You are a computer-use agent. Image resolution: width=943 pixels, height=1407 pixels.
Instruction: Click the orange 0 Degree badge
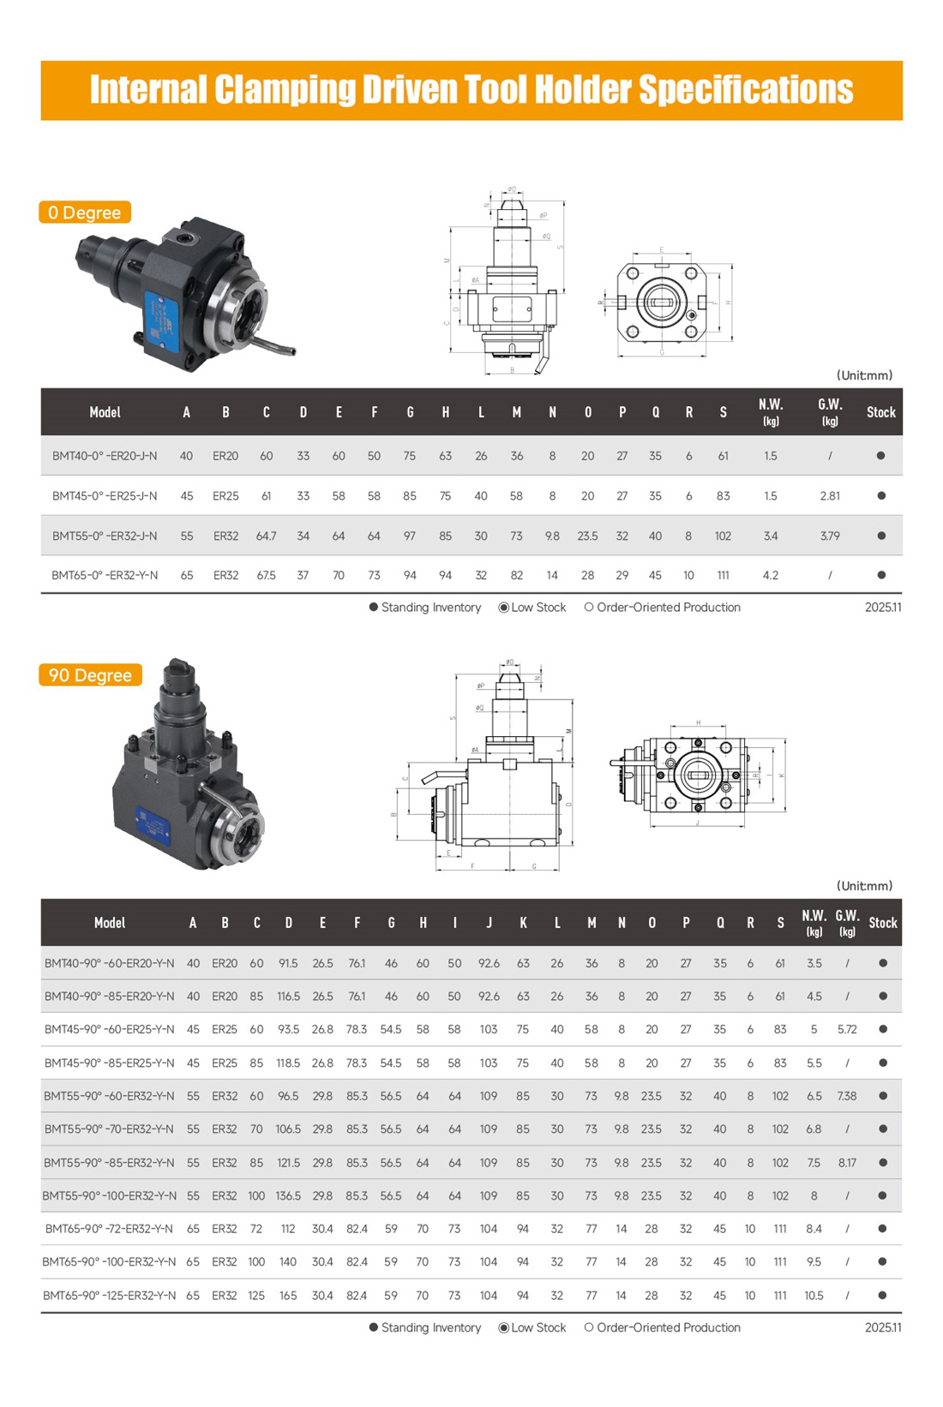84,213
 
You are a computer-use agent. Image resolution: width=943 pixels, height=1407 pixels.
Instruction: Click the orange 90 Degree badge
90,675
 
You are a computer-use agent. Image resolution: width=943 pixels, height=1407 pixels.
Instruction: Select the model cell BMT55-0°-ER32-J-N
105,536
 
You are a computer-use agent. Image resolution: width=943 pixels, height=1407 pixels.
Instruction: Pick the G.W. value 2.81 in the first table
829,495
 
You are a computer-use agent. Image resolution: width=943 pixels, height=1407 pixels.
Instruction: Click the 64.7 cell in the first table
266,536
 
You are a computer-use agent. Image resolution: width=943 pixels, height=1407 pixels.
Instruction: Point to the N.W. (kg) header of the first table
770,411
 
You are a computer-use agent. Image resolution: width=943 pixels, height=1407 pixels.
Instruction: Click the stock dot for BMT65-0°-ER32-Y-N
880,575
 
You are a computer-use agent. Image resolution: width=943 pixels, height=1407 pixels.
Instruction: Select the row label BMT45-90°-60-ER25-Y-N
109,1029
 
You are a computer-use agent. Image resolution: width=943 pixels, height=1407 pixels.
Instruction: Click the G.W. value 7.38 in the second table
846,1096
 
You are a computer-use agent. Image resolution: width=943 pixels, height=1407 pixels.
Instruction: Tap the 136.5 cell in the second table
288,1195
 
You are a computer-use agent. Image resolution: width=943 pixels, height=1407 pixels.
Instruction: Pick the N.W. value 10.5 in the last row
814,1296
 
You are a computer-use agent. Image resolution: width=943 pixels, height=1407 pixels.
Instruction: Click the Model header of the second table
109,923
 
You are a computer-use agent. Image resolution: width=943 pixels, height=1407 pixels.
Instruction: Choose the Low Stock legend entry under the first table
532,608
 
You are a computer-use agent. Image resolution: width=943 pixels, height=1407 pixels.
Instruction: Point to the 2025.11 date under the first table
883,608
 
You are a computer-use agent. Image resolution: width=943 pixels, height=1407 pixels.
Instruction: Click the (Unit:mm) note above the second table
864,886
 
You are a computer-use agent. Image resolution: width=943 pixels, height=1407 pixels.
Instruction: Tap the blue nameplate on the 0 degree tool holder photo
160,321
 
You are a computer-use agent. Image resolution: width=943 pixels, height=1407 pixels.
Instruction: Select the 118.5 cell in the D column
288,1063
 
